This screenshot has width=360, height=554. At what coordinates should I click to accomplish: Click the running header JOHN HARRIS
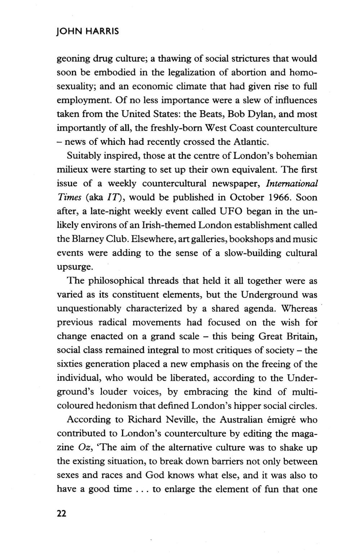click(88, 31)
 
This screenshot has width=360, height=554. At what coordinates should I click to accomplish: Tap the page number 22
click(62, 514)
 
